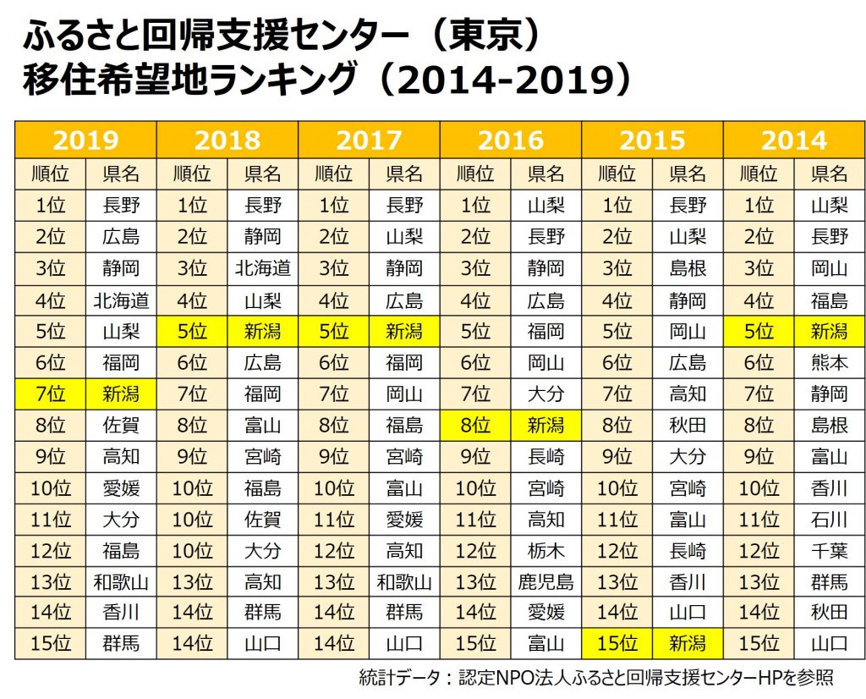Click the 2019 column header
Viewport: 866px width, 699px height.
pyautogui.click(x=85, y=139)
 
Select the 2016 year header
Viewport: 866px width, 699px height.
pyautogui.click(x=510, y=139)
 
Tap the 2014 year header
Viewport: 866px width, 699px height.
pyautogui.click(x=793, y=139)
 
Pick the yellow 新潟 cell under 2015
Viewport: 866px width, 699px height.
pyautogui.click(x=687, y=643)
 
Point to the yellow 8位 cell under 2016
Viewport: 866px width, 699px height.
pyautogui.click(x=474, y=426)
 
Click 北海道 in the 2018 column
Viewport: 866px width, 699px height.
pyautogui.click(x=263, y=268)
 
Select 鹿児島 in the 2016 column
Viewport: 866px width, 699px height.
pyautogui.click(x=545, y=581)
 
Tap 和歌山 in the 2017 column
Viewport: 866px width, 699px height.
pyautogui.click(x=404, y=581)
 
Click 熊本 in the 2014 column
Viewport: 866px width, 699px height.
pyautogui.click(x=829, y=363)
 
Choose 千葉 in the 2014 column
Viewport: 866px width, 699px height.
pyautogui.click(x=829, y=551)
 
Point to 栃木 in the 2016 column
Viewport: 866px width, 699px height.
pyautogui.click(x=545, y=551)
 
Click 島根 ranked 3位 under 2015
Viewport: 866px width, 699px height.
pyautogui.click(x=687, y=268)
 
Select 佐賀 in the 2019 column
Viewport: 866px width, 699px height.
pyautogui.click(x=121, y=426)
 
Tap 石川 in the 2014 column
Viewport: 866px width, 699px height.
pyautogui.click(x=829, y=519)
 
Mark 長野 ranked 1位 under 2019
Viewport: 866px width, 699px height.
pyautogui.click(x=121, y=205)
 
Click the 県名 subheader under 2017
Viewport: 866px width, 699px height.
pyautogui.click(x=404, y=174)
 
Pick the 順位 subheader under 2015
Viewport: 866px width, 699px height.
pyautogui.click(x=617, y=174)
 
